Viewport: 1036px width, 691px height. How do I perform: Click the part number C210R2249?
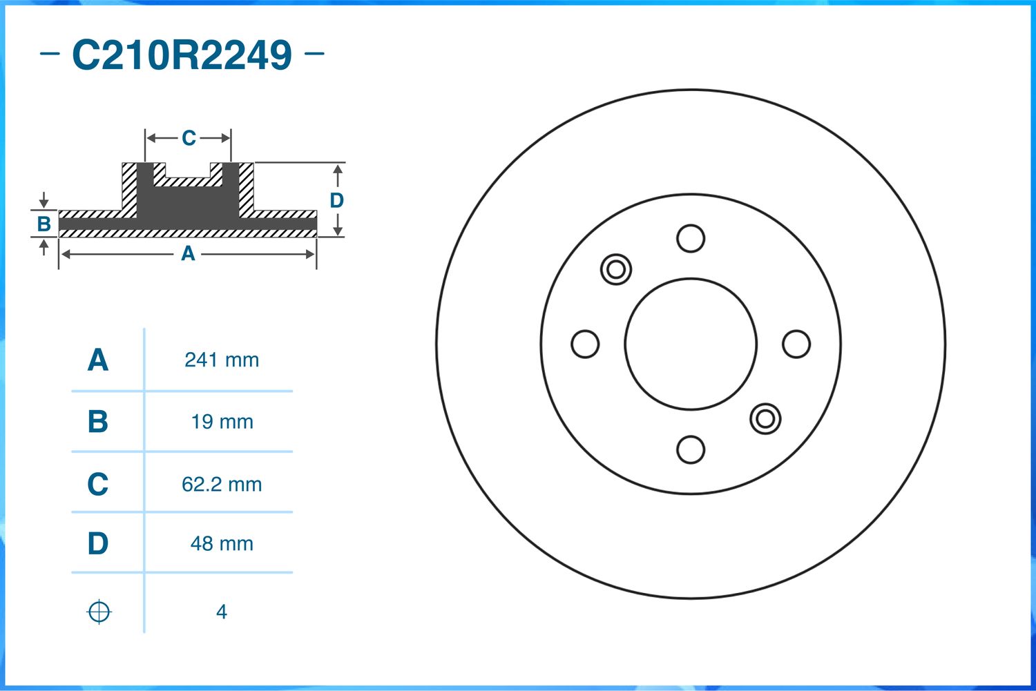(x=182, y=55)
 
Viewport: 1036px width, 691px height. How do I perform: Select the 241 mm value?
(x=222, y=360)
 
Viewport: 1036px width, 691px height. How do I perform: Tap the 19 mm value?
(x=222, y=422)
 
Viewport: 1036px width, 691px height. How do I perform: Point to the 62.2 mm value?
(x=222, y=485)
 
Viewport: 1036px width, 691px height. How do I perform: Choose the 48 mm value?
(x=222, y=543)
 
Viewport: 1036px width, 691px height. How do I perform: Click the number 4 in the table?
(x=222, y=612)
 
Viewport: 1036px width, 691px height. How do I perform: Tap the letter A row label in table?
(x=98, y=360)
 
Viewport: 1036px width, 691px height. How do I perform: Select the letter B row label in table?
(x=98, y=422)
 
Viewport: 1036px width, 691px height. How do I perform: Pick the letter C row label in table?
(x=98, y=484)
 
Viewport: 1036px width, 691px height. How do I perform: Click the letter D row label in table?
(x=98, y=543)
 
